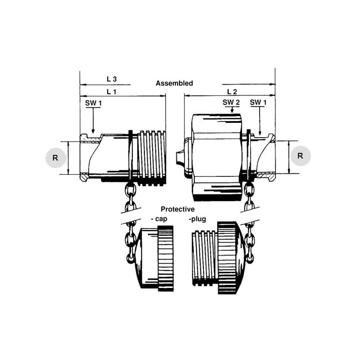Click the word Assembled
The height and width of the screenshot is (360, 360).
(x=174, y=83)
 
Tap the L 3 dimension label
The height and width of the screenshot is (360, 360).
(x=112, y=79)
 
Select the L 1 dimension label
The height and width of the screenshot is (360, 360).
(x=112, y=92)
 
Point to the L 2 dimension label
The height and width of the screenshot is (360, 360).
(x=232, y=92)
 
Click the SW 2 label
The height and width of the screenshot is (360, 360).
(x=231, y=103)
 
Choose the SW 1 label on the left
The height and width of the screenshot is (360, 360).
(x=93, y=103)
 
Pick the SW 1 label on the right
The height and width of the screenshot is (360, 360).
(x=258, y=103)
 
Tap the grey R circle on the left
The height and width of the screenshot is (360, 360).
(x=55, y=158)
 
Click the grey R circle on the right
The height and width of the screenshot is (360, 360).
(x=300, y=156)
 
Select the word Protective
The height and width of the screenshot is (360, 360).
(x=177, y=209)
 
